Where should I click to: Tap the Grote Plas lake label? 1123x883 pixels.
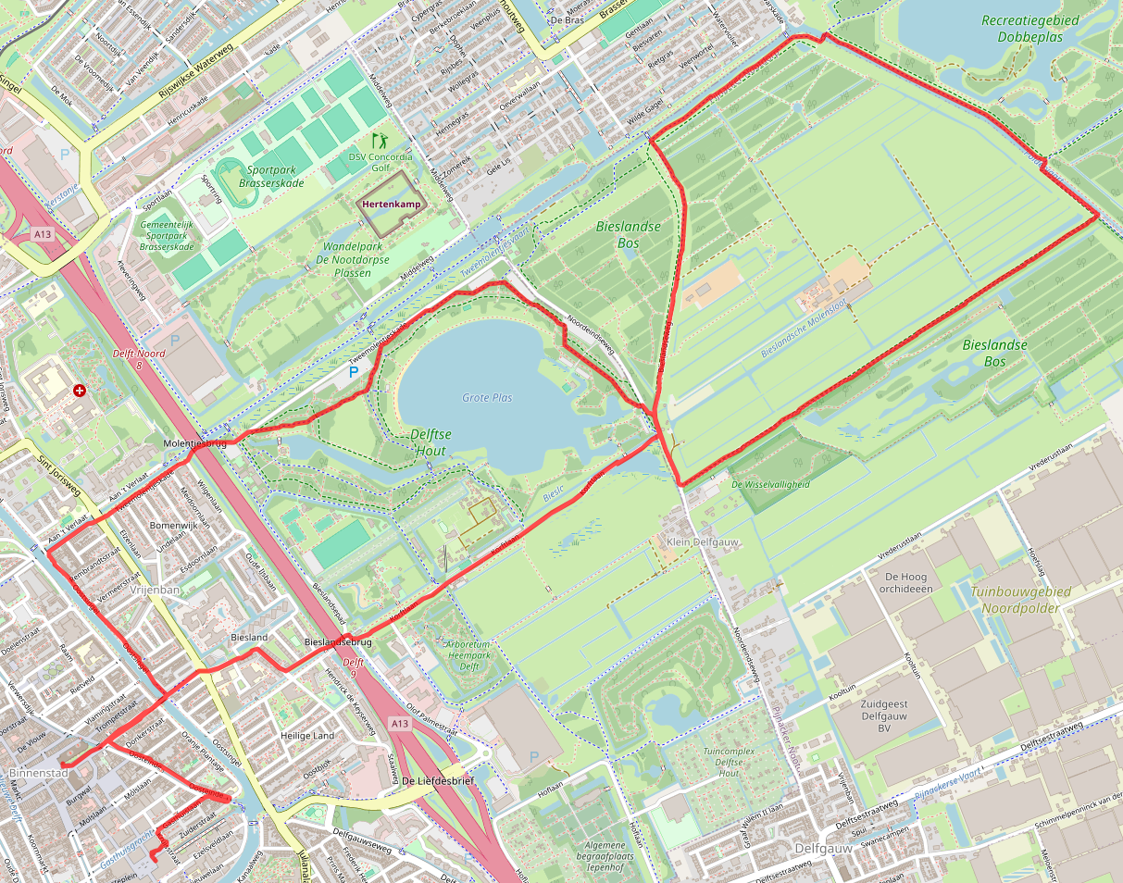pos(487,398)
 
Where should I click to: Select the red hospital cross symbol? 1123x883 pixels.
pos(80,392)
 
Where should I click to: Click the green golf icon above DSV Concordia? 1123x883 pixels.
pos(379,141)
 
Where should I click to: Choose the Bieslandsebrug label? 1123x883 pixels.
pos(338,641)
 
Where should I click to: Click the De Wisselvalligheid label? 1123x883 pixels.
pos(770,484)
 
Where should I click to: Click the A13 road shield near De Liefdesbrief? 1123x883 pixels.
pos(399,723)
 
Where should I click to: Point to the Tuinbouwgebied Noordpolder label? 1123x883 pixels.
pos(1021,599)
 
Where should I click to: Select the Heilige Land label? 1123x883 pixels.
pos(307,736)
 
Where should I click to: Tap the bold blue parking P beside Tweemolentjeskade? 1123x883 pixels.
pos(353,372)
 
